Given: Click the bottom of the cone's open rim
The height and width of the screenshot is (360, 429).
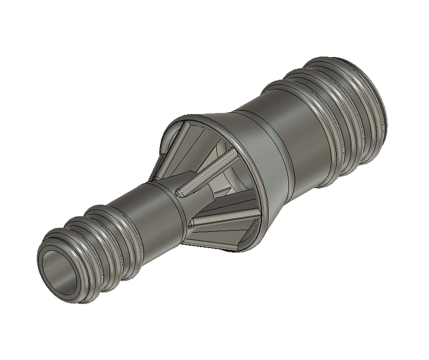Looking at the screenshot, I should pyautogui.click(x=242, y=248).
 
